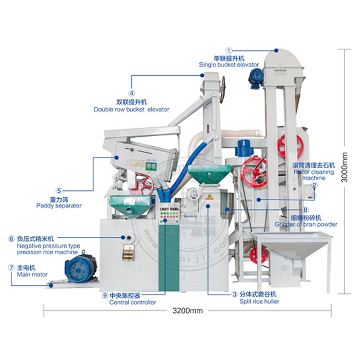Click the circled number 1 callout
coord(229,50)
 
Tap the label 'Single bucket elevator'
coord(229,64)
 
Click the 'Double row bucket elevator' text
coord(132,109)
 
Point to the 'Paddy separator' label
coord(59,205)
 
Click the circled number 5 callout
coord(59,190)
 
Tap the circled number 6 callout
coord(11,239)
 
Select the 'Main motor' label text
coord(33,275)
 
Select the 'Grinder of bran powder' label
coord(306,224)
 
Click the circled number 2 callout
coord(314,185)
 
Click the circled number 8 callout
coord(305,210)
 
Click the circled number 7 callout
coord(11,267)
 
